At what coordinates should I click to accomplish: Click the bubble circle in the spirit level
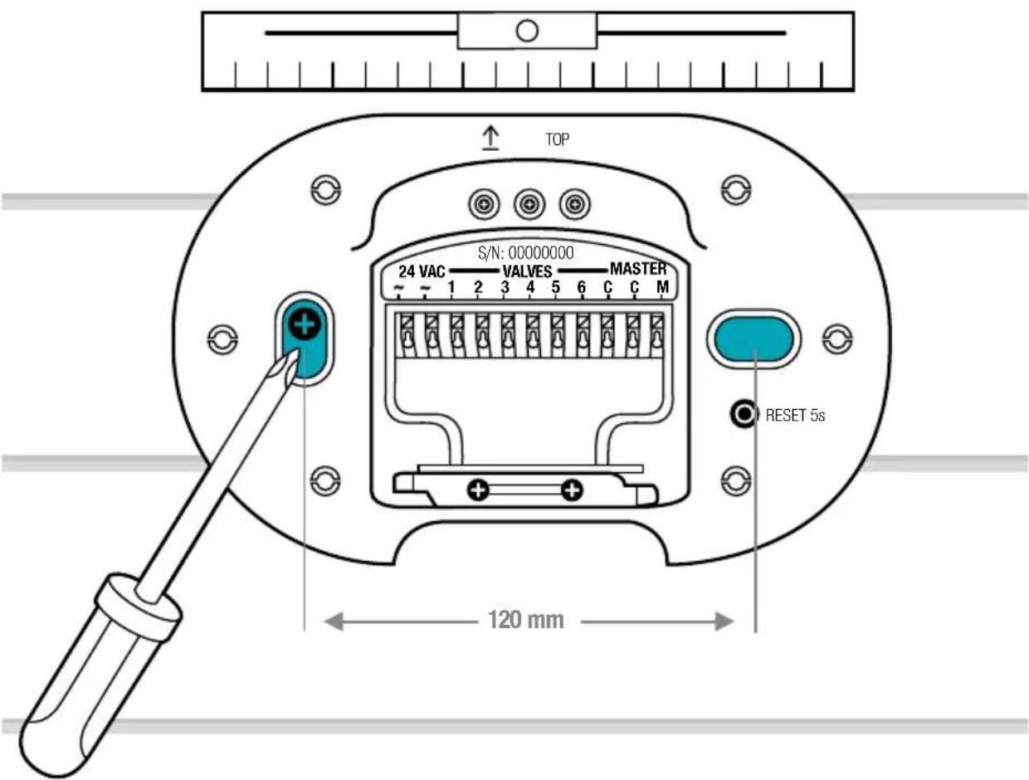526,31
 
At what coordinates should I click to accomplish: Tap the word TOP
557,139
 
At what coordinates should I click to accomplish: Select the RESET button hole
744,414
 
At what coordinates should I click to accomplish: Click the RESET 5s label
795,416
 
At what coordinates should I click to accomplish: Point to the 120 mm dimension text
525,620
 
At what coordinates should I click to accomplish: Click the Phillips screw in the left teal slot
305,324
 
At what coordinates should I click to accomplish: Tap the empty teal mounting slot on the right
753,339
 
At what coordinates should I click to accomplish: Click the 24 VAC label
422,271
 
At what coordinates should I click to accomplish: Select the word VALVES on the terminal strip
528,271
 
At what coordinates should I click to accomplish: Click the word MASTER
638,269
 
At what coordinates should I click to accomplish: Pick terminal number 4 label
530,287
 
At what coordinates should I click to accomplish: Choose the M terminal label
662,286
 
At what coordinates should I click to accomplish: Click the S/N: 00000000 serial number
525,253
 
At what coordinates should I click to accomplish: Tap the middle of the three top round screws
529,204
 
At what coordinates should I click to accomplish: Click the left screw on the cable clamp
478,490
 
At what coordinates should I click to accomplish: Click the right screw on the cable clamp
572,490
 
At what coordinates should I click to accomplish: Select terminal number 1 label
451,287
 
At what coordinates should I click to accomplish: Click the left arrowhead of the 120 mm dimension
334,622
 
